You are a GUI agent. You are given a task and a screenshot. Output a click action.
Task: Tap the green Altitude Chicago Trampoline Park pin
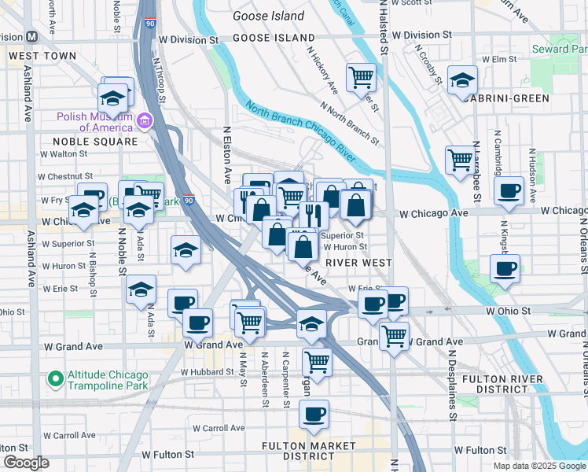click(54, 380)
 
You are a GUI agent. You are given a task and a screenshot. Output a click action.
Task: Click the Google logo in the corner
click(25, 463)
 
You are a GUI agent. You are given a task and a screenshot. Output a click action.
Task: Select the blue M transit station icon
click(34, 37)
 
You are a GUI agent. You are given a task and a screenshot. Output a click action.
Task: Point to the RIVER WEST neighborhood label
click(358, 262)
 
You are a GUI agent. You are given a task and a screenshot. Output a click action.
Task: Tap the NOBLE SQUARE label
click(94, 142)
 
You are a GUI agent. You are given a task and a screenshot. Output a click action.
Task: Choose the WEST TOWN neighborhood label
click(42, 56)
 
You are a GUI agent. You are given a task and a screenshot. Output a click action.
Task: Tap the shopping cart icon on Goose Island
click(361, 77)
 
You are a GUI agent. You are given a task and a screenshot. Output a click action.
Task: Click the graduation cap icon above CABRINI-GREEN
click(463, 79)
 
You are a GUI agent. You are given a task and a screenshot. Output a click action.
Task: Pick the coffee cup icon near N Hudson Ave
click(509, 190)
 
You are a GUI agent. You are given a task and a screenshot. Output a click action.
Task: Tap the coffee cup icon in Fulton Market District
click(314, 413)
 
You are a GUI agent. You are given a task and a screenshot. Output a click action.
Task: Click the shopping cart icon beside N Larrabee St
click(460, 160)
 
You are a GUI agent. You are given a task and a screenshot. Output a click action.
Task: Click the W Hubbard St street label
click(208, 372)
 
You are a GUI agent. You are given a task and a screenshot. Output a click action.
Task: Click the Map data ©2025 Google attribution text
click(539, 465)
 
